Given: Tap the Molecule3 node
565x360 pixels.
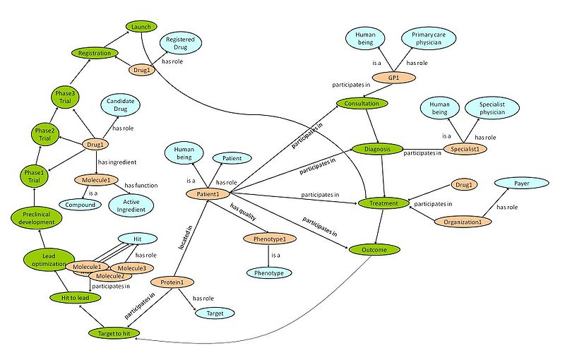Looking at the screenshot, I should [x=132, y=268].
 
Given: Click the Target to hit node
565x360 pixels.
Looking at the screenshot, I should [x=114, y=332].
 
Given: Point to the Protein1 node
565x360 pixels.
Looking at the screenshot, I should [x=172, y=282].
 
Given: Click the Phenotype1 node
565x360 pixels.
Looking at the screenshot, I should [x=265, y=239].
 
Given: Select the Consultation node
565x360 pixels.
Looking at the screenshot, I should [x=362, y=104].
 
